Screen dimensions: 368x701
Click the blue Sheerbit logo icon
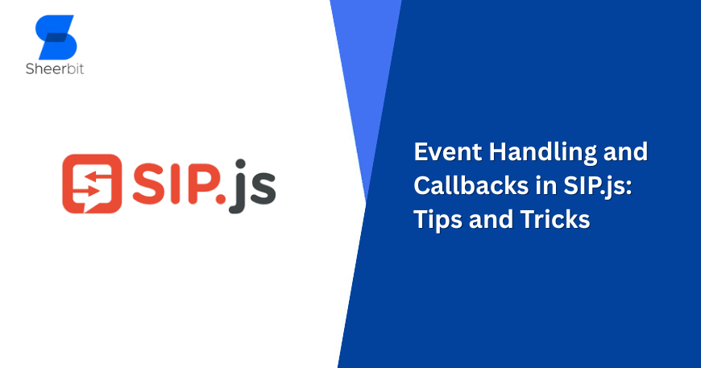[x=56, y=35]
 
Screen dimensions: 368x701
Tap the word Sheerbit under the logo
[x=55, y=68]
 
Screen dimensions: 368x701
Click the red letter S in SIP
[x=147, y=184]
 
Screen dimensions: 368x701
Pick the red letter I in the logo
[x=177, y=184]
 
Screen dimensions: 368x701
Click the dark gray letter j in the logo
[x=241, y=189]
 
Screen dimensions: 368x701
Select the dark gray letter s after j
[x=263, y=192]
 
